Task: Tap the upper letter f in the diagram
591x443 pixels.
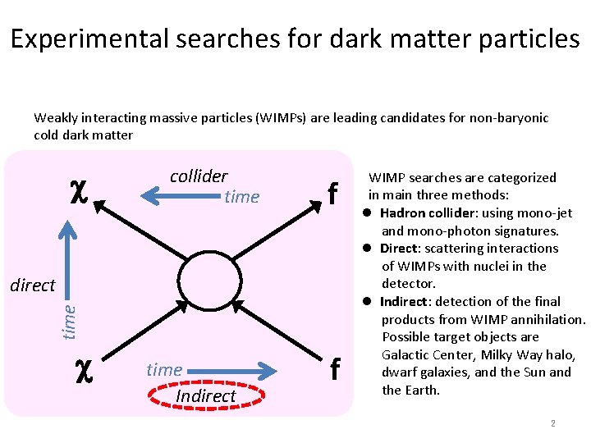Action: (x=332, y=195)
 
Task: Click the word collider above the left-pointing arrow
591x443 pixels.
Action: (x=199, y=176)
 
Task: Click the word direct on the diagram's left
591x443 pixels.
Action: (x=32, y=285)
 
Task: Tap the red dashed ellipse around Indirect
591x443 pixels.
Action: (x=205, y=396)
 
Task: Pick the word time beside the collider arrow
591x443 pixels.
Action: (x=241, y=197)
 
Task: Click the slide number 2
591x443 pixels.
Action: (x=553, y=423)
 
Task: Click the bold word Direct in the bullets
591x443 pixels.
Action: (x=400, y=249)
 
